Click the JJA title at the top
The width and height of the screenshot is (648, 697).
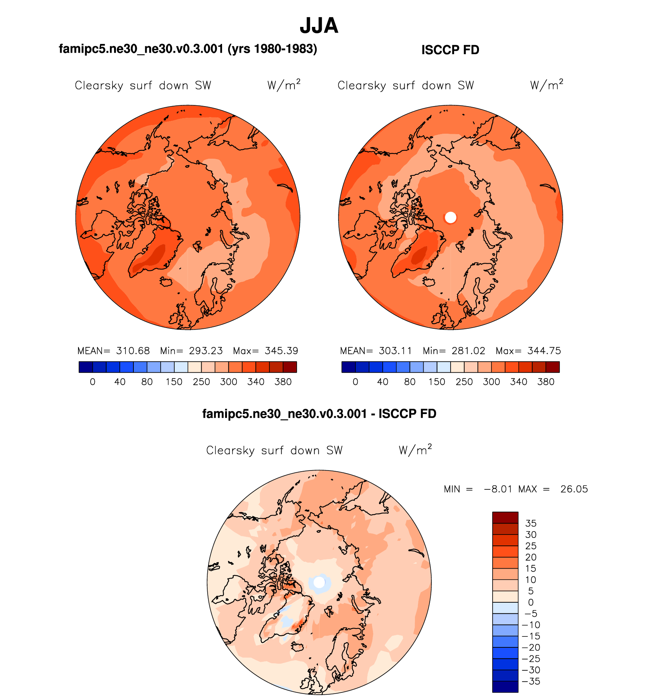pyautogui.click(x=319, y=26)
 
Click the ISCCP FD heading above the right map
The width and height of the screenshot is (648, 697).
pyautogui.click(x=450, y=50)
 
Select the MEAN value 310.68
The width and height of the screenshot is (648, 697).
pyautogui.click(x=133, y=351)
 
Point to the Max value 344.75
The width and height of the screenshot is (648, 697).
pyautogui.click(x=544, y=351)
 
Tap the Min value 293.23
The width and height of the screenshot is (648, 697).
pyautogui.click(x=206, y=351)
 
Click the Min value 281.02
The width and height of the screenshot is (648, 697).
pyautogui.click(x=468, y=351)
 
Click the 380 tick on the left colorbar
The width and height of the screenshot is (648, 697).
pyautogui.click(x=283, y=382)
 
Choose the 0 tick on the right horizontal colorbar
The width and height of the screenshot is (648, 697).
pyautogui.click(x=355, y=382)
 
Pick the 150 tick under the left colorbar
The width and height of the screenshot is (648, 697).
pyautogui.click(x=174, y=382)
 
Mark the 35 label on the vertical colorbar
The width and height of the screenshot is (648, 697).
pyautogui.click(x=531, y=524)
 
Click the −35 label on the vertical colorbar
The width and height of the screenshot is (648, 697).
pyautogui.click(x=531, y=681)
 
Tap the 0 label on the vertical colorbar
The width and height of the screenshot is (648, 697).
pyautogui.click(x=531, y=602)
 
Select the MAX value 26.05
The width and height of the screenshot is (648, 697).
pyautogui.click(x=574, y=489)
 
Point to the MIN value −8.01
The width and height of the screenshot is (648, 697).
pyautogui.click(x=498, y=489)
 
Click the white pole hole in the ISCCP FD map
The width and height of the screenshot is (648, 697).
pyautogui.click(x=451, y=217)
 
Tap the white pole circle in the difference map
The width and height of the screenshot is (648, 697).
pyautogui.click(x=319, y=582)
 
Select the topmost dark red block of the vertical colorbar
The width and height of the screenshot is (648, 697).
pyautogui.click(x=505, y=517)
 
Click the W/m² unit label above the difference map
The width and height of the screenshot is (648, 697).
pyautogui.click(x=415, y=450)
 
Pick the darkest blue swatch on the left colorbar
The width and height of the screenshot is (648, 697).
pyautogui.click(x=86, y=367)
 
